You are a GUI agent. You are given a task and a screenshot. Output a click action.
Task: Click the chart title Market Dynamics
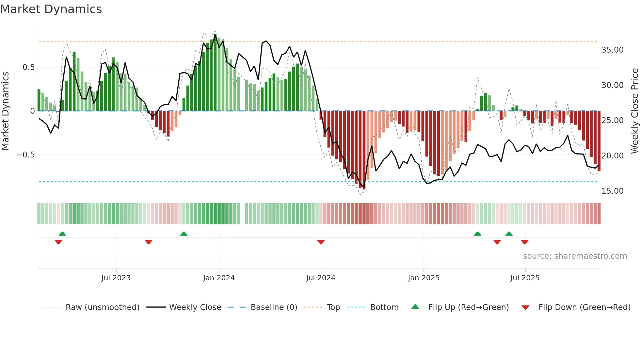coord(51,9)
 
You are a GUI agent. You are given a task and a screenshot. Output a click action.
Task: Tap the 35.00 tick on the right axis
coord(612,50)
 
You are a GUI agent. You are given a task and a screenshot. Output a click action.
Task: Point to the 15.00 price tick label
coord(612,191)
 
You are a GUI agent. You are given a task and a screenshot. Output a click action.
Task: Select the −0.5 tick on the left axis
coord(25,155)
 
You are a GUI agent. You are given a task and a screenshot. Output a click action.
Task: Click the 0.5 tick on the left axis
coord(28,67)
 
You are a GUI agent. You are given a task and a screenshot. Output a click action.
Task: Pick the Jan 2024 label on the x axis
coord(219,278)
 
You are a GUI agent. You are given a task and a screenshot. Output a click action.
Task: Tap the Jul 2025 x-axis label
coord(525,278)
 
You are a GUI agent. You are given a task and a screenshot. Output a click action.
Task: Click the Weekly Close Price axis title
coord(634,111)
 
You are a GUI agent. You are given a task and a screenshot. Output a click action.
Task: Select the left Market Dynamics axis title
coord(5,111)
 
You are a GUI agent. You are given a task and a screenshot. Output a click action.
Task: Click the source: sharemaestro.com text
coord(575,256)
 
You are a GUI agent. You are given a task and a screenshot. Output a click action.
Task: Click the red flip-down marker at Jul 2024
coord(321,242)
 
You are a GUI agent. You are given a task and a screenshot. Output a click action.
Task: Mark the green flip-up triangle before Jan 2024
coord(184,234)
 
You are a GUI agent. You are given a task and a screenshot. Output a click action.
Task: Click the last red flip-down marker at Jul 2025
coord(524,242)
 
